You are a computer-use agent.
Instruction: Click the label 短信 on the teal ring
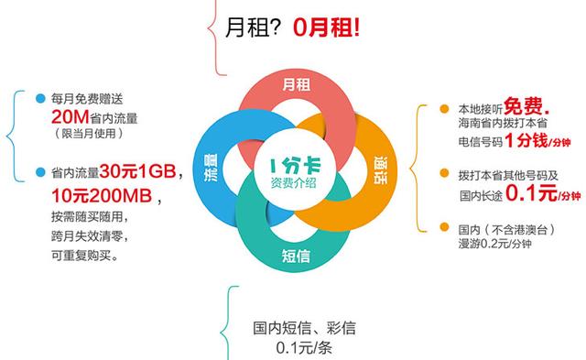[295, 256]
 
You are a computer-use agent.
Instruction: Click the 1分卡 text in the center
[294, 162]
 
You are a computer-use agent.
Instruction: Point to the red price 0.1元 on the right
[533, 192]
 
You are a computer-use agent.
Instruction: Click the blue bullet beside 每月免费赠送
[39, 98]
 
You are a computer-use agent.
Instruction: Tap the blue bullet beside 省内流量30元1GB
[39, 172]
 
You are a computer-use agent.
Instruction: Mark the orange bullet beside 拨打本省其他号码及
[445, 173]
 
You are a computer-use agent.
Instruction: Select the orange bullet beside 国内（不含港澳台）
[445, 227]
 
